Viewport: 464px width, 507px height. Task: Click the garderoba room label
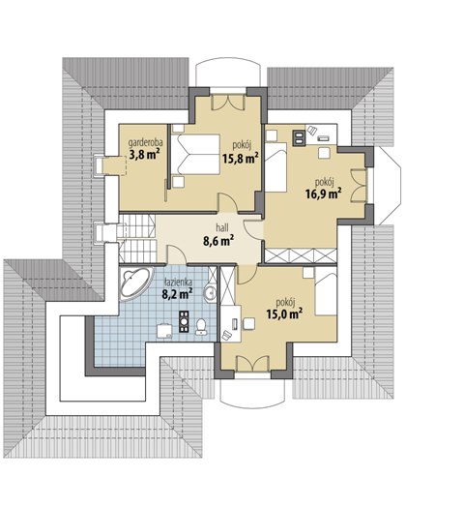145,142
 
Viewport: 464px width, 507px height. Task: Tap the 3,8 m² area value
145,155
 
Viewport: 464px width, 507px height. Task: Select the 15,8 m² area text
240,158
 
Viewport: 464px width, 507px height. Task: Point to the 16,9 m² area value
324,194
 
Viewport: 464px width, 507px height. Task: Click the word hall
222,227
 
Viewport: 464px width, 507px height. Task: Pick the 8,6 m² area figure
218,240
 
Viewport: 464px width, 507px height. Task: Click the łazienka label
178,283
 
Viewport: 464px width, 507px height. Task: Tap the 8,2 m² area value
177,294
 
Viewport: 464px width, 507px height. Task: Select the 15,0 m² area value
284,313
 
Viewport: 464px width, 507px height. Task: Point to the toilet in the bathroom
201,326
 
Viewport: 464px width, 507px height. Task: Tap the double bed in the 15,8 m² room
195,155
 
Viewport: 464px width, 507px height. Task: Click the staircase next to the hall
137,238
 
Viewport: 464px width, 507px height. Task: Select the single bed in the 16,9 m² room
275,166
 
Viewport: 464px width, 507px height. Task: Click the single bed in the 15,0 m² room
326,294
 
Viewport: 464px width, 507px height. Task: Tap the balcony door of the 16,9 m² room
359,186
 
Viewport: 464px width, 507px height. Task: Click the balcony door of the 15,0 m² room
252,364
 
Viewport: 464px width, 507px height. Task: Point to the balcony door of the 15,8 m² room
228,103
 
